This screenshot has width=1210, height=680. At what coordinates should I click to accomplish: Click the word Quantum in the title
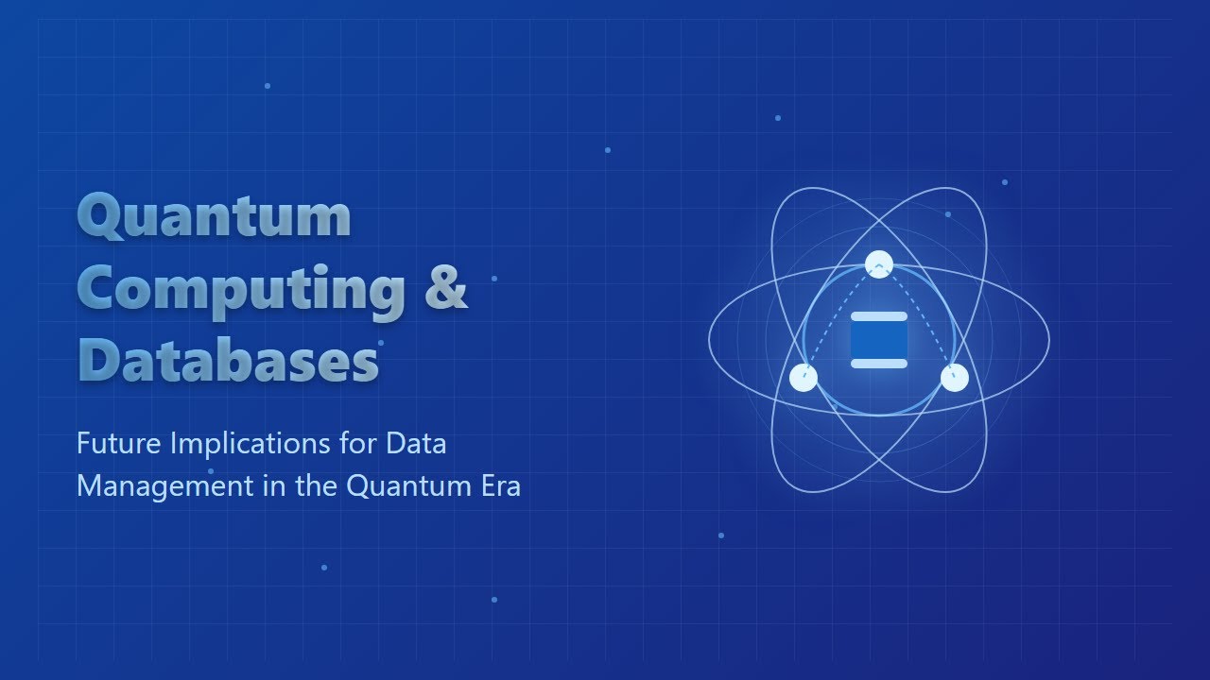click(x=215, y=216)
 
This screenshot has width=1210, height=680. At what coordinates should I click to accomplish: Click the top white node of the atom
click(x=879, y=264)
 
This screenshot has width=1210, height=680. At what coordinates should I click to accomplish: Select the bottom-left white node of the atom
click(x=804, y=378)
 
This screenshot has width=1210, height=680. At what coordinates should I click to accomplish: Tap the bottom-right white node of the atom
click(x=955, y=378)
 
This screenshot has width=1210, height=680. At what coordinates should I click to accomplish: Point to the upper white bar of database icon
click(x=879, y=317)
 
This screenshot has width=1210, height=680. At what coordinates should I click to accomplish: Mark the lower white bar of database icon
click(x=879, y=364)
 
